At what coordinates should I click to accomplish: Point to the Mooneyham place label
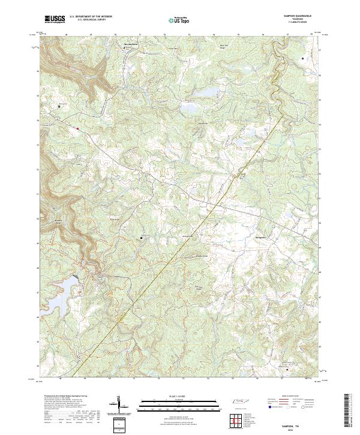131,44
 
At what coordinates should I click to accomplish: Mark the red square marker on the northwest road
77,127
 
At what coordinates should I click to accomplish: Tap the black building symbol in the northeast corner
302,58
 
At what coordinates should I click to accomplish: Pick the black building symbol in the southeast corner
287,370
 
